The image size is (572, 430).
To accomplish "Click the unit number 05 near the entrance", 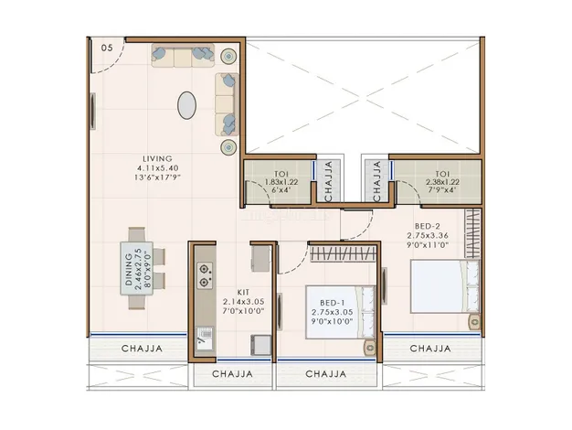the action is coord(107,48).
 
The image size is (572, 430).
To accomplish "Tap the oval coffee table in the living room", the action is coord(186,105).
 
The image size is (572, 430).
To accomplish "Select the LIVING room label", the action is coord(157,159).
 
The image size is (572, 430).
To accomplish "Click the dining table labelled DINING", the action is coord(136,269).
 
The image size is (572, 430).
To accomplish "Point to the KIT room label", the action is coord(243,292).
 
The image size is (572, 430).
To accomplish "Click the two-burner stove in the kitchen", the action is coord(205,275).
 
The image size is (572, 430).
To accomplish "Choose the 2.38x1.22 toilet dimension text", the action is coord(442,182).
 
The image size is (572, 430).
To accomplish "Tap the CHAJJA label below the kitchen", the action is coord(232,374).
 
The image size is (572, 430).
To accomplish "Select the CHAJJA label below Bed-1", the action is coord(326,374).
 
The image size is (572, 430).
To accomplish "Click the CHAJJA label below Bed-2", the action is coord(430,349).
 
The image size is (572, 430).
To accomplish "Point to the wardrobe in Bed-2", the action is coord(472,233).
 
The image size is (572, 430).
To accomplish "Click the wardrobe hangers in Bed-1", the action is coord(343,253).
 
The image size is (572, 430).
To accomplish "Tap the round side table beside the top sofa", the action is coord(228,56).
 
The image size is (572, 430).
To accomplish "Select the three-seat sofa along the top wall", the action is coord(183,56).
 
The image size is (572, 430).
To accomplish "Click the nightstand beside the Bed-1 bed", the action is coord(369,347).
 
